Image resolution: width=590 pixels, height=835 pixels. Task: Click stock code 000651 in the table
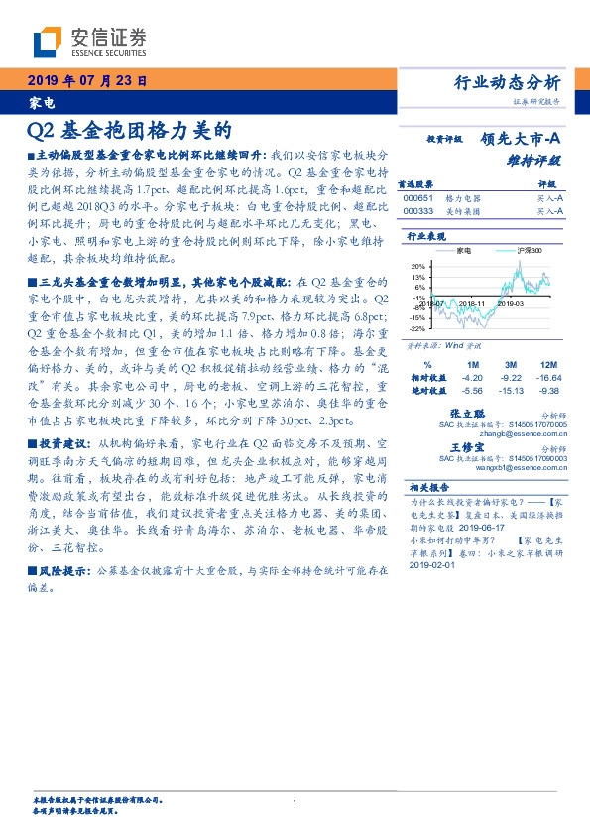pyautogui.click(x=417, y=198)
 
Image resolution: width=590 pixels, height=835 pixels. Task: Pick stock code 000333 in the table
pyautogui.click(x=417, y=211)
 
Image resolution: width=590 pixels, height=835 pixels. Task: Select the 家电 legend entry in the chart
pyautogui.click(x=464, y=251)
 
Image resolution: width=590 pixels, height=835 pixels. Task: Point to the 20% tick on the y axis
pyautogui.click(x=418, y=267)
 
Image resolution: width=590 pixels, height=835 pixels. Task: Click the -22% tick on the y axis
pyautogui.click(x=417, y=328)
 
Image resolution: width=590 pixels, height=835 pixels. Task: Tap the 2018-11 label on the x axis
pyautogui.click(x=473, y=303)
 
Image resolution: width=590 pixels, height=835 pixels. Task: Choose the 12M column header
pyautogui.click(x=549, y=366)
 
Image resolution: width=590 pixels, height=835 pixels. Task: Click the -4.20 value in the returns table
pyautogui.click(x=472, y=378)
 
